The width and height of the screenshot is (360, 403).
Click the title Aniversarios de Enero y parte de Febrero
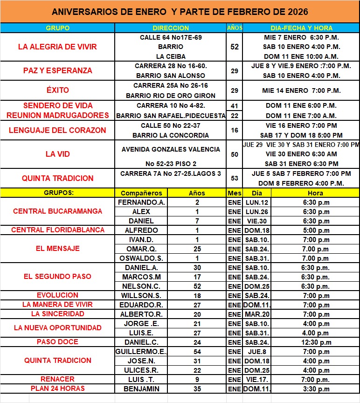(180, 11)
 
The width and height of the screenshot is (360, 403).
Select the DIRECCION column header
(170, 28)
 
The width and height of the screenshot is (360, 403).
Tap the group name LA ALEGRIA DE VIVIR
(57, 47)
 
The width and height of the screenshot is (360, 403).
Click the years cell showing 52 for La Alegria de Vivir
(235, 47)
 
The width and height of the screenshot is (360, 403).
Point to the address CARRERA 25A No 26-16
(171, 86)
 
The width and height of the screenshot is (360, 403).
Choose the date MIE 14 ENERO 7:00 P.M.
(301, 90)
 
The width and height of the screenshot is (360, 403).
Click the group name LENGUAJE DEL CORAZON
(58, 130)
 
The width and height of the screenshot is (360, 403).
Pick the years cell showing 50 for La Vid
(235, 154)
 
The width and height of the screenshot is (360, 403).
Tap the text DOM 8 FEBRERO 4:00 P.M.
(301, 183)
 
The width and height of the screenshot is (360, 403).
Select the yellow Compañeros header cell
(141, 193)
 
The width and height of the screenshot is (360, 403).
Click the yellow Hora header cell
(315, 193)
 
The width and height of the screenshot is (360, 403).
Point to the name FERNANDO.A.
(141, 202)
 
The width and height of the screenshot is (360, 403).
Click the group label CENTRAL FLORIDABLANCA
(58, 230)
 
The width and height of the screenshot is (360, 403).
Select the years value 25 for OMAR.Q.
(197, 249)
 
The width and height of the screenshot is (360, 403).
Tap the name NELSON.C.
(141, 286)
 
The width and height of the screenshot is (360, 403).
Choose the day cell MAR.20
(257, 314)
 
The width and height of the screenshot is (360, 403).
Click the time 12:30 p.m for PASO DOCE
(315, 342)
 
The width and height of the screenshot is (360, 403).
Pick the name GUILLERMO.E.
(141, 352)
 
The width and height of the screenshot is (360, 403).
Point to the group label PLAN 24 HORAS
(58, 389)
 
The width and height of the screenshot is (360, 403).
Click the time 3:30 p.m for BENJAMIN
(315, 389)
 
